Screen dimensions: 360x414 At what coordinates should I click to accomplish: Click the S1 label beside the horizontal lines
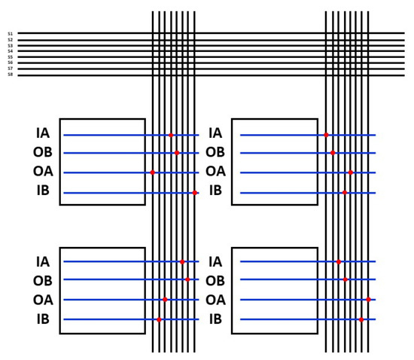[10, 33]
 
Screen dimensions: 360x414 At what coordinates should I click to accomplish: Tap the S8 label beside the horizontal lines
[10, 75]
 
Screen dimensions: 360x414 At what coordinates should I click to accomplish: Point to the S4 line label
[10, 50]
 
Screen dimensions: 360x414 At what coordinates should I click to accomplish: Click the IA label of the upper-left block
[43, 133]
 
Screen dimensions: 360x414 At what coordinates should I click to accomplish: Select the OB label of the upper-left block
[43, 152]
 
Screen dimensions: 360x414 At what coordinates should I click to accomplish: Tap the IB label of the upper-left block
[43, 191]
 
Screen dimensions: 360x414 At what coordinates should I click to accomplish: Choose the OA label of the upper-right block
[215, 172]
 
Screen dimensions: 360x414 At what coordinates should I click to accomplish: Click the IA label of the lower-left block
[43, 262]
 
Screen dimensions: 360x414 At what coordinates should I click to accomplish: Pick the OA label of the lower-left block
[43, 300]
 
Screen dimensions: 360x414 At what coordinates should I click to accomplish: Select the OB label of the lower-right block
[215, 281]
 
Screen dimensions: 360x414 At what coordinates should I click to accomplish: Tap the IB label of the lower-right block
[215, 319]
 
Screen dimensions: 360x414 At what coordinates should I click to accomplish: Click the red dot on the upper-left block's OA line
[153, 172]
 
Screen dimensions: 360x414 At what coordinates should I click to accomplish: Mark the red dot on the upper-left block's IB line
[195, 193]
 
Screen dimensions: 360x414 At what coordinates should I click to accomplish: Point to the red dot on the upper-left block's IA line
[172, 136]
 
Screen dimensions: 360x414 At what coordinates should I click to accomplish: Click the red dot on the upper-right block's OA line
[351, 172]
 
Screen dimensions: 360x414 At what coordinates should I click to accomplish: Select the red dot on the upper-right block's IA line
[326, 136]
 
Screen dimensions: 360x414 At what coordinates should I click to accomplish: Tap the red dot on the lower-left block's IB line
[159, 320]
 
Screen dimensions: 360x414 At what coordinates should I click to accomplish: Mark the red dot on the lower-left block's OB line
[188, 280]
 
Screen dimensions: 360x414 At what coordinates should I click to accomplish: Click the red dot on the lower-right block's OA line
[369, 300]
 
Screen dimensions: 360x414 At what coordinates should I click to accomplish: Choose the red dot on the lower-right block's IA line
[339, 262]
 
